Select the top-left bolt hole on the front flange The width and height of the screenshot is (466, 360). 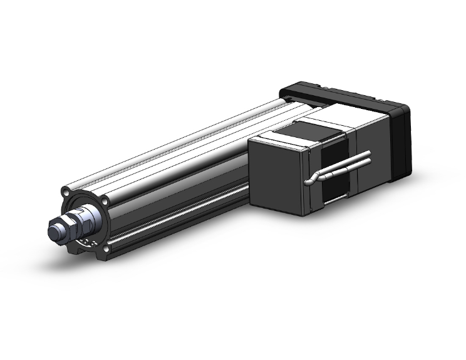[66, 190]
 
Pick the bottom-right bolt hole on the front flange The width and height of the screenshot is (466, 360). [107, 249]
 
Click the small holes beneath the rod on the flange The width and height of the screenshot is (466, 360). [93, 243]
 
